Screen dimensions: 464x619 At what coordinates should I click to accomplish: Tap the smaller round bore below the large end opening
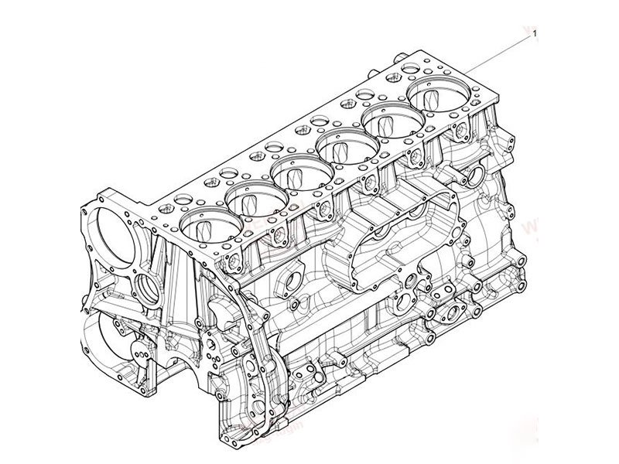click(x=148, y=290)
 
